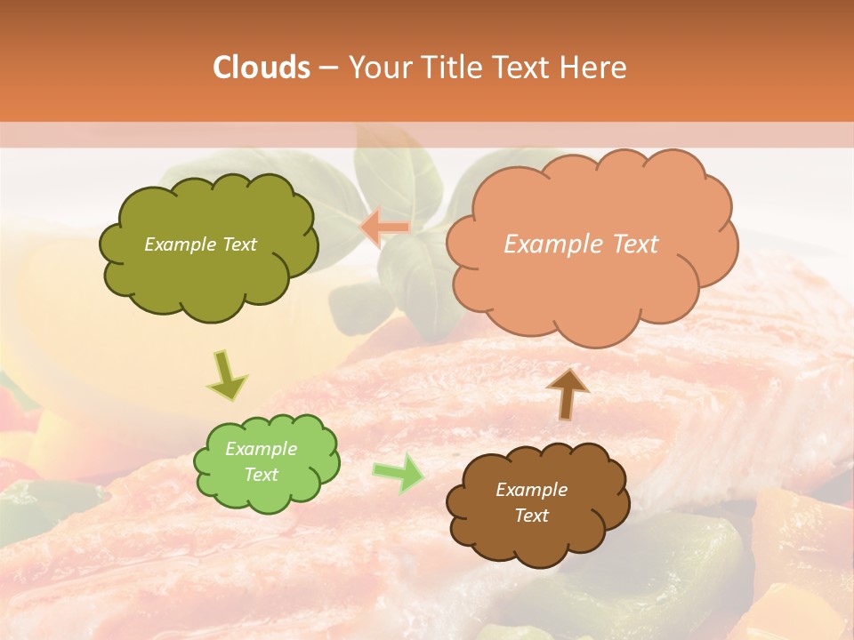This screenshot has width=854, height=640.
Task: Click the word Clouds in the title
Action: (x=262, y=68)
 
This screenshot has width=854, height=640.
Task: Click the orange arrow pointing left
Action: (x=384, y=228)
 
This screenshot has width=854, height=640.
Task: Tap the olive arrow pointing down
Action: (x=228, y=374)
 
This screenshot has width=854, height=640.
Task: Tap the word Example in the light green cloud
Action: (x=261, y=449)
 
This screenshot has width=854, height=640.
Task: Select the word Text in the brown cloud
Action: (x=531, y=516)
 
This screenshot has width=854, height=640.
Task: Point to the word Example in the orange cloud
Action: (x=552, y=244)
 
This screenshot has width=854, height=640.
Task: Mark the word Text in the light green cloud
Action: (x=261, y=475)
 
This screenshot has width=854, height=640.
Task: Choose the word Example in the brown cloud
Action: (x=531, y=490)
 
